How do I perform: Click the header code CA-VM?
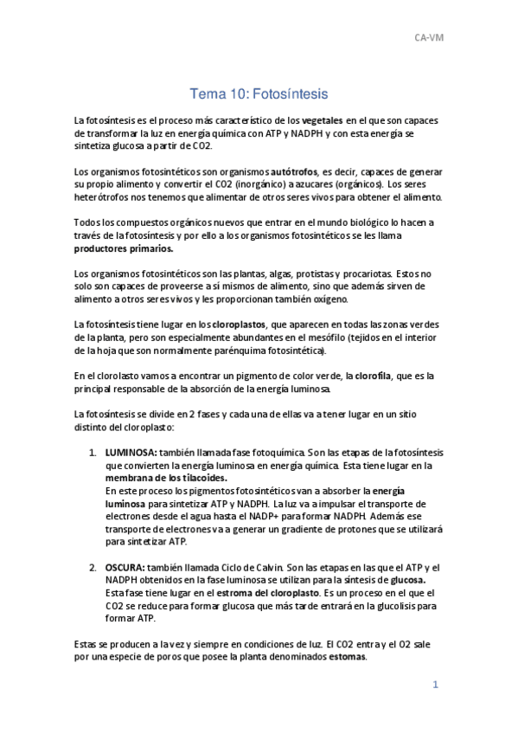tap(429, 38)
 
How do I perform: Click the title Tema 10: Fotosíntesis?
tap(259, 93)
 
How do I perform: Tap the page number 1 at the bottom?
tap(438, 684)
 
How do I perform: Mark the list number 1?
tap(93, 453)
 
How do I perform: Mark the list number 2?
tap(93, 567)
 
